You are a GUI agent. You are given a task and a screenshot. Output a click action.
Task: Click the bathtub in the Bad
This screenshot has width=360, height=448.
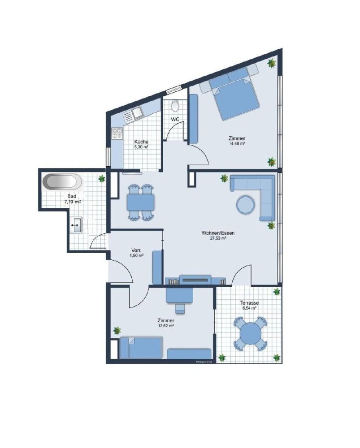(x=63, y=183)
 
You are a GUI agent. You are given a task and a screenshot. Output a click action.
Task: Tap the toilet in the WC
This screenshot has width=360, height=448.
(x=175, y=107)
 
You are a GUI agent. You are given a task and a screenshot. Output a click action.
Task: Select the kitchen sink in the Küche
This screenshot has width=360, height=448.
(x=133, y=115)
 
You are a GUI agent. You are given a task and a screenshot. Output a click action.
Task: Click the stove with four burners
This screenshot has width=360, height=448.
(x=117, y=133)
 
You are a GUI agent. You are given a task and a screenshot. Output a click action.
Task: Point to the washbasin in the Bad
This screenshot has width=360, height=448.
(x=76, y=224)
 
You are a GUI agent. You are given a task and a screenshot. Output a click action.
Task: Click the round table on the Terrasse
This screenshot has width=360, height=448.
(x=249, y=334)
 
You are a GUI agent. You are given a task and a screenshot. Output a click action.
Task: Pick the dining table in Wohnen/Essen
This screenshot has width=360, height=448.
(x=141, y=203)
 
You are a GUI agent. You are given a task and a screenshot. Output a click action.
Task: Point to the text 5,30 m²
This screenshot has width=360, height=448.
(x=142, y=146)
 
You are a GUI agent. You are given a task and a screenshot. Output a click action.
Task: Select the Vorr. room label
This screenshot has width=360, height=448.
(x=137, y=250)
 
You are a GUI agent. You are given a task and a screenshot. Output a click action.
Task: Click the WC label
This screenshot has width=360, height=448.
(x=175, y=120)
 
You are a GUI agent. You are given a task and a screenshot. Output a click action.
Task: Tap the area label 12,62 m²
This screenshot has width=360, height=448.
(x=165, y=326)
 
